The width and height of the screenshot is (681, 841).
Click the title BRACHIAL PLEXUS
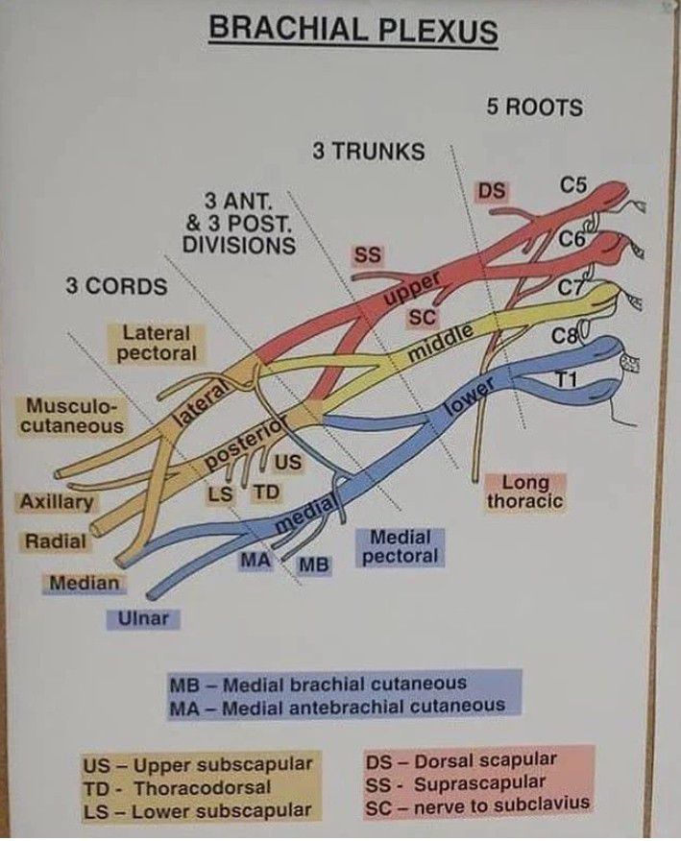pos(353,31)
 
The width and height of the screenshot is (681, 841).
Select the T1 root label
pos(567,380)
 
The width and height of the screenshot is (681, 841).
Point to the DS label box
pos(492,192)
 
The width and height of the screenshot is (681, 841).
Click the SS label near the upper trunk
pos(367,254)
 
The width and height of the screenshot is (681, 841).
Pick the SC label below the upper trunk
pos(422,318)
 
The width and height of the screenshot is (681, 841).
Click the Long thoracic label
pos(524,492)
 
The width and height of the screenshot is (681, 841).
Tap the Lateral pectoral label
pos(156,344)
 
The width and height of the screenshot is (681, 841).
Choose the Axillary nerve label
pos(56,502)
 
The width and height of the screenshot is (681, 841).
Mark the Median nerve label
pos(85,582)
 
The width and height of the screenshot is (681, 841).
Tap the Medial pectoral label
pos(401,547)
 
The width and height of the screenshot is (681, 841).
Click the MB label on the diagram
pos(313,565)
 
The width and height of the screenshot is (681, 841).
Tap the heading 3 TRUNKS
pos(368,151)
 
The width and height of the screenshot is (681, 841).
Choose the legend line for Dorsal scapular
pos(461,761)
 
